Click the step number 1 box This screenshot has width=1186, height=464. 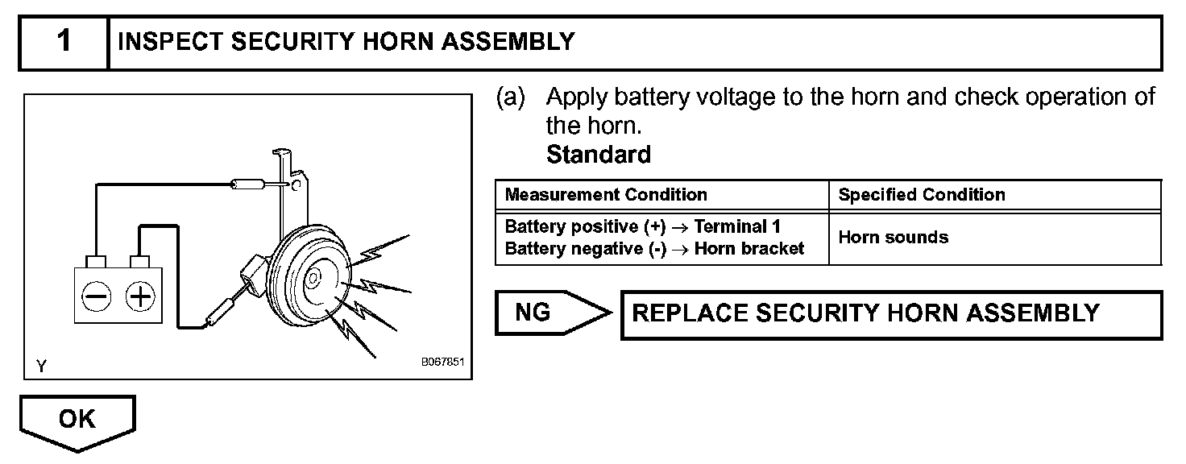(64, 42)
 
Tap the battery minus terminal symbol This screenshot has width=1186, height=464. (96, 297)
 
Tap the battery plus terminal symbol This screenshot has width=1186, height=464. (140, 297)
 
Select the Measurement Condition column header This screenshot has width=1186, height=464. (605, 195)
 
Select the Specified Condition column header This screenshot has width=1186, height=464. (921, 195)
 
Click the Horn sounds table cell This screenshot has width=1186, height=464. (893, 238)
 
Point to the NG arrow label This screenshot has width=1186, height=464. (533, 313)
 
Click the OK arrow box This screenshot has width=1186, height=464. (77, 420)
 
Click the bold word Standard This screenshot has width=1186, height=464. (598, 154)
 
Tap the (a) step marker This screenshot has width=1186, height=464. (511, 98)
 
